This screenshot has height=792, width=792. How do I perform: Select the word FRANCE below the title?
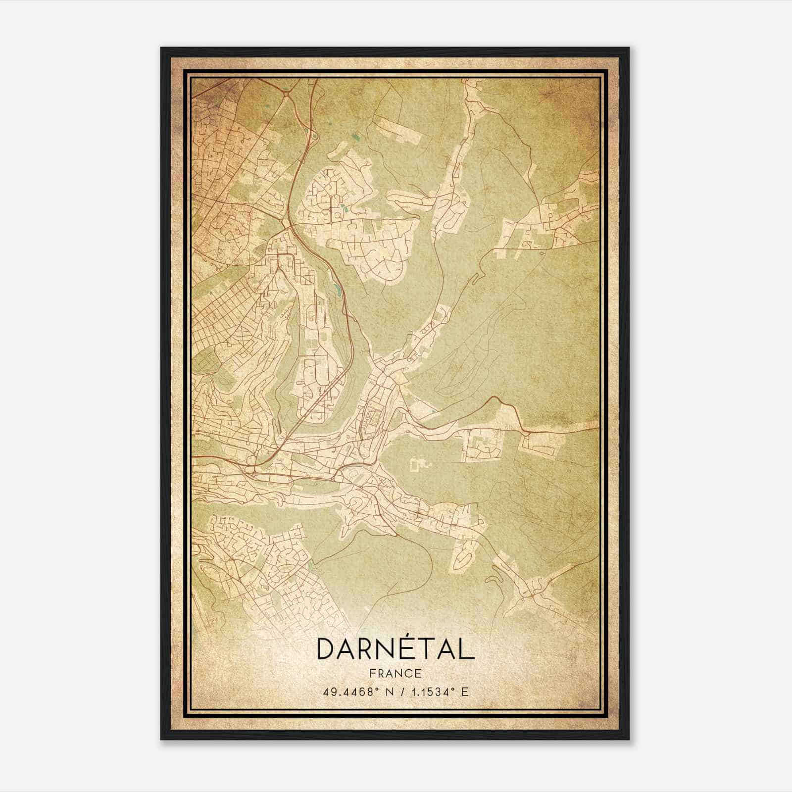tap(395, 673)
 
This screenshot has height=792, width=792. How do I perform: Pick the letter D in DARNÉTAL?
tap(326, 648)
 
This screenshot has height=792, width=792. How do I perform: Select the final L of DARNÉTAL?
tap(467, 648)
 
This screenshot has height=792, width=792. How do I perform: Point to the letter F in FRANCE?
tap(373, 673)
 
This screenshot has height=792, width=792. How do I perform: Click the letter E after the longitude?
tap(464, 692)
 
